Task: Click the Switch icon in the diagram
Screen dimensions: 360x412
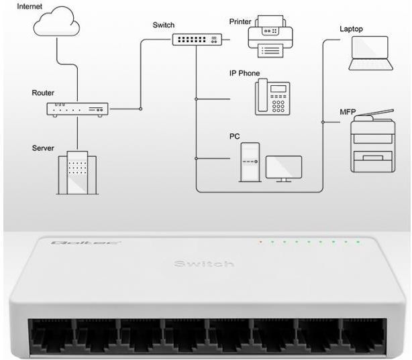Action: pyautogui.click(x=195, y=39)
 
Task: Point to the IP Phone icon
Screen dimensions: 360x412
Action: pyautogui.click(x=272, y=97)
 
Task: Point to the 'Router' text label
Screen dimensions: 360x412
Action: pyautogui.click(x=44, y=93)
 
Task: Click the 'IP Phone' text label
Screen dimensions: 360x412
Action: pyautogui.click(x=244, y=73)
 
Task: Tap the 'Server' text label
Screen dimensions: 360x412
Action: pyautogui.click(x=43, y=147)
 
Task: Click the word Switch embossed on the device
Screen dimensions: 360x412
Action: pyautogui.click(x=204, y=264)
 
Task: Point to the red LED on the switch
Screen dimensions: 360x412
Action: pyautogui.click(x=260, y=241)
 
